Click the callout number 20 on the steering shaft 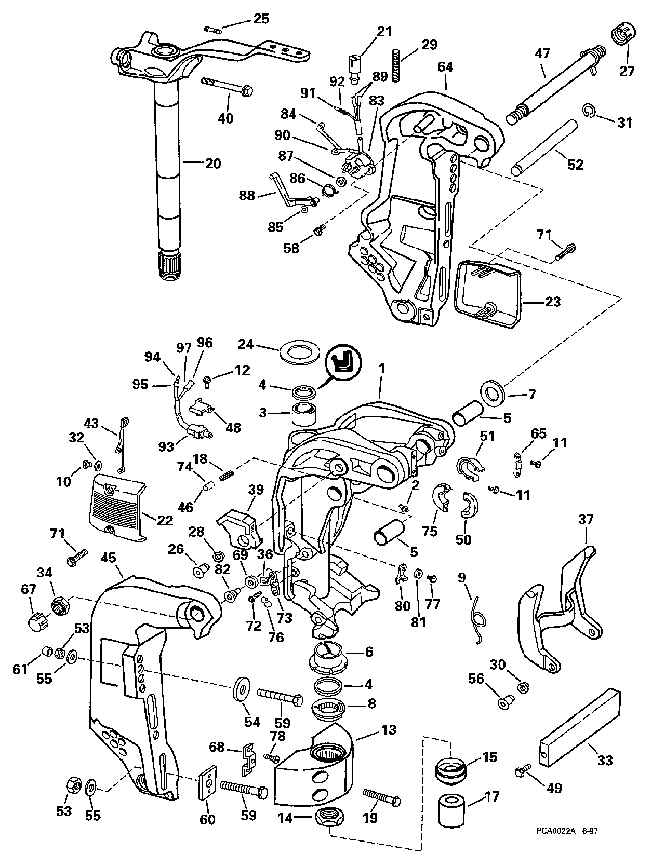point(213,164)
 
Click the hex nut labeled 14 point(329,819)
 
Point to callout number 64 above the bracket point(445,67)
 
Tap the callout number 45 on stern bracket point(109,558)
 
